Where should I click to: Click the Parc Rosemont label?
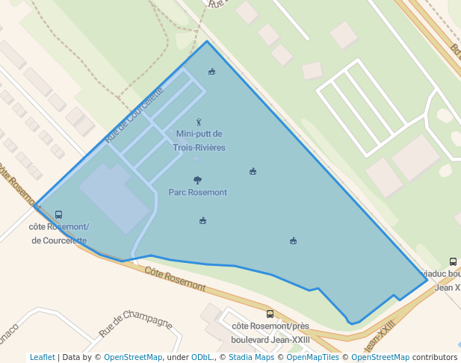tap(197, 192)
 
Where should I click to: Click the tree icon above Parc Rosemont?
tap(197, 180)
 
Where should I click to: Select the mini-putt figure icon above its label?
tap(199, 122)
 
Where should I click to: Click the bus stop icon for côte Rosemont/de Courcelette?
tap(59, 214)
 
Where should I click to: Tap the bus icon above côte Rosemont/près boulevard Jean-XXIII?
tap(270, 314)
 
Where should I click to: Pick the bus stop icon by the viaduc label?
tap(453, 261)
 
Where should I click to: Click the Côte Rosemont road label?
tap(175, 279)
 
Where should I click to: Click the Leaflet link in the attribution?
tap(43, 357)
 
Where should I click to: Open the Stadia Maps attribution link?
tap(246, 357)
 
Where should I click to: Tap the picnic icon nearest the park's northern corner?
tap(212, 72)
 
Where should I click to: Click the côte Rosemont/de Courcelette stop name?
tap(58, 233)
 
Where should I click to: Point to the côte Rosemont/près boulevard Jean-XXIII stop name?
tap(270, 331)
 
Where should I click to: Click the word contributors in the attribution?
tap(434, 357)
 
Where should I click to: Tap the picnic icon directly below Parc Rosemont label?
tap(202, 220)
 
